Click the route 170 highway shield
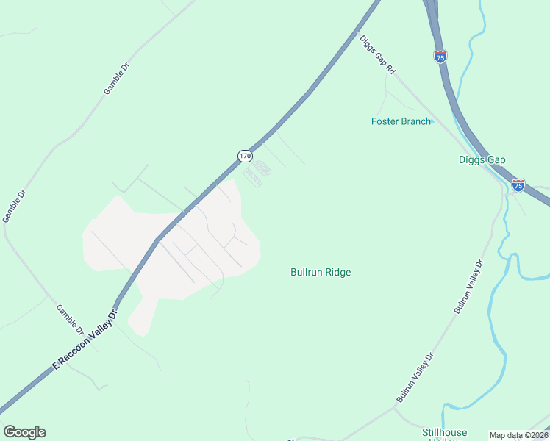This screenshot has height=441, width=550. (x=245, y=156)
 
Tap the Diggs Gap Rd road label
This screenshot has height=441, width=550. (x=378, y=54)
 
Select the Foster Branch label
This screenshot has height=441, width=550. (x=401, y=121)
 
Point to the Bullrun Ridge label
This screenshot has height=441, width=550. (x=321, y=272)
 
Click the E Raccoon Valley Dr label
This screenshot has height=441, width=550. (x=85, y=338)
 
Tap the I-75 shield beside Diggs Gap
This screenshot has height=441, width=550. (x=518, y=185)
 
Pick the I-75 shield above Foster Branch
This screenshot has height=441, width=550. (x=440, y=57)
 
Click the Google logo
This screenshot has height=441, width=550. (x=24, y=432)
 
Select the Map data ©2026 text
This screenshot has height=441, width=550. (x=519, y=435)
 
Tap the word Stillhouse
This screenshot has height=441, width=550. (x=444, y=432)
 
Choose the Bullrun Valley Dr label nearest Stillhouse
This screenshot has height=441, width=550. (x=416, y=377)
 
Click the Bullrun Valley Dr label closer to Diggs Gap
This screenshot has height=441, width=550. (x=469, y=287)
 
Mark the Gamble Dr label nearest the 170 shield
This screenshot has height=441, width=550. (x=116, y=78)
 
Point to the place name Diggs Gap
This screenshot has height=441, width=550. (x=482, y=159)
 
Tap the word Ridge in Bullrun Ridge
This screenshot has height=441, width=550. (x=338, y=272)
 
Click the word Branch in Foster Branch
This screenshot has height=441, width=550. (x=415, y=121)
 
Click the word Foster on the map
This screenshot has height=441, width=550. (x=385, y=121)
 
